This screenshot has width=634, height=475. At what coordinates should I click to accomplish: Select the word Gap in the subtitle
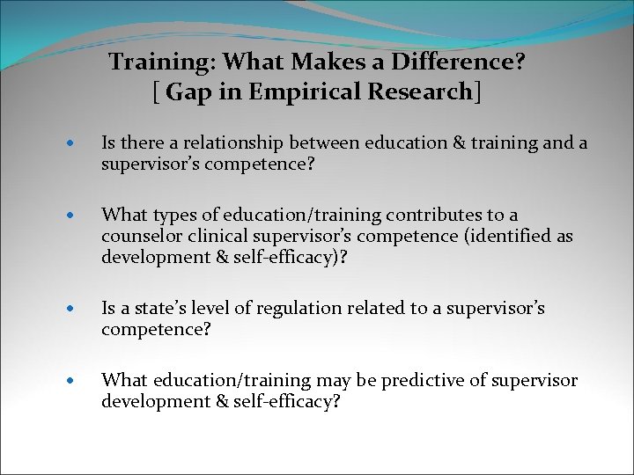tap(185, 91)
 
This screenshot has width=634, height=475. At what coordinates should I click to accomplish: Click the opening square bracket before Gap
tap(156, 91)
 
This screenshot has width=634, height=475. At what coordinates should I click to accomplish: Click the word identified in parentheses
tap(492, 235)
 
